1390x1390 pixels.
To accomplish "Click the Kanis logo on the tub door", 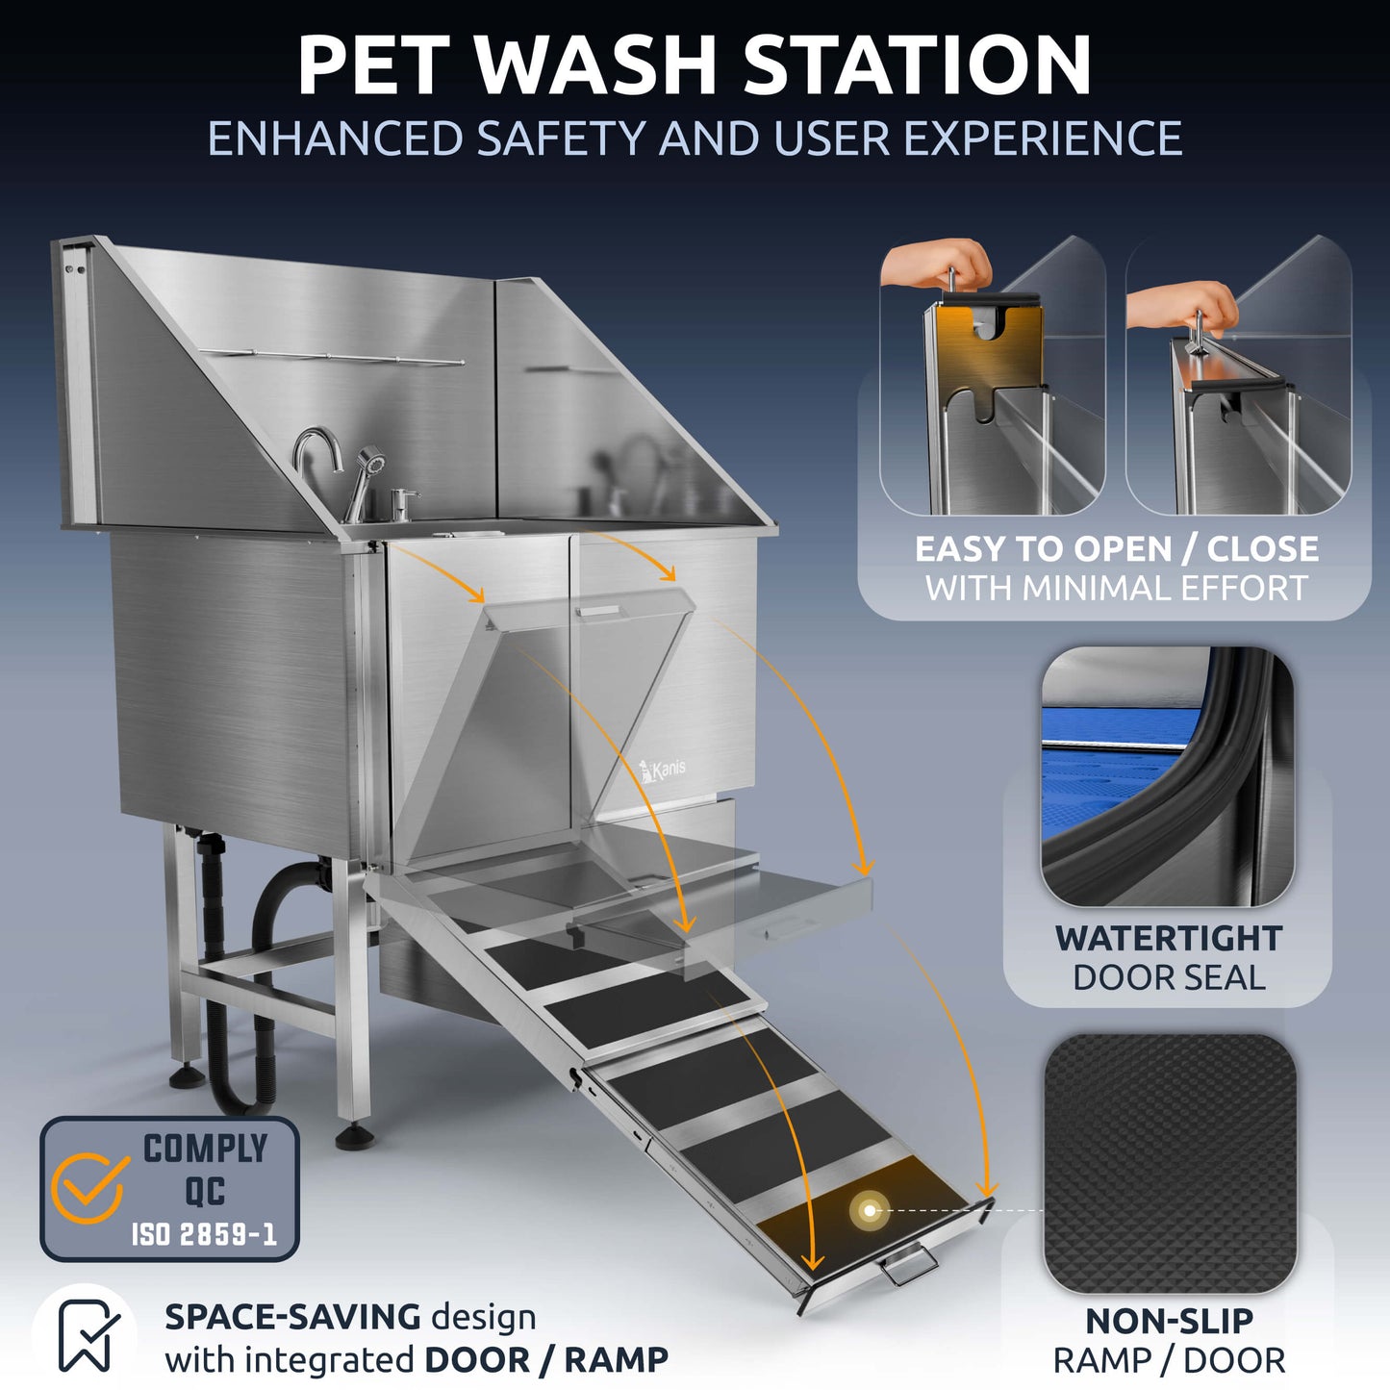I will (664, 770).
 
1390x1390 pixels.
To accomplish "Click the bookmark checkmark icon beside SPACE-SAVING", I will (88, 1335).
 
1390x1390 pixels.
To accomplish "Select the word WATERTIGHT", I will (1168, 938).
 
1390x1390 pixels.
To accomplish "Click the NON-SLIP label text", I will (1168, 1321).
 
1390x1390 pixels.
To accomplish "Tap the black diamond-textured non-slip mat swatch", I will (1170, 1164).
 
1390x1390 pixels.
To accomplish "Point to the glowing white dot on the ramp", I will (871, 1210).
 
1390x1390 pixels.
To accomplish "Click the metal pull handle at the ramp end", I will (908, 1267).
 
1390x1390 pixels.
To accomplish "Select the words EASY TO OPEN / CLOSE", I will (1116, 548).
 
